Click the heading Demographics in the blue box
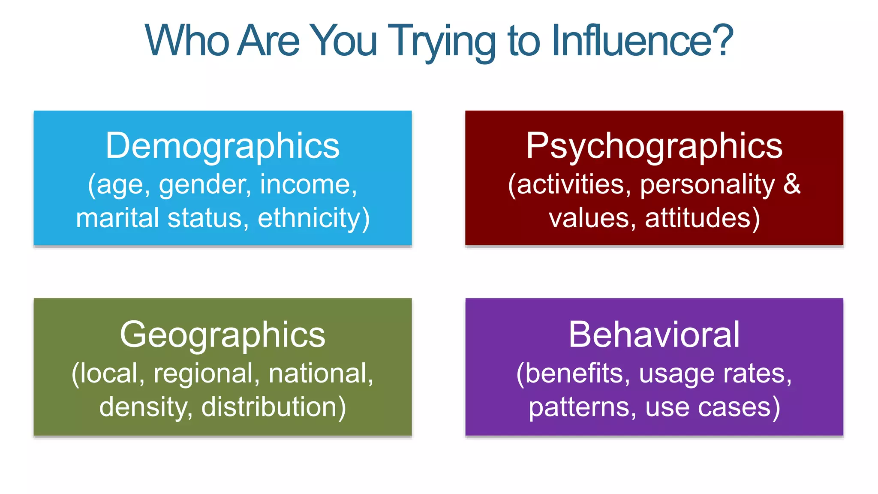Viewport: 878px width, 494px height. click(x=223, y=146)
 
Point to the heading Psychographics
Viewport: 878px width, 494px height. click(x=654, y=146)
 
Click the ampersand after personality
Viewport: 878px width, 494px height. click(x=792, y=184)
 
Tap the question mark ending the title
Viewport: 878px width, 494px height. click(x=724, y=40)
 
